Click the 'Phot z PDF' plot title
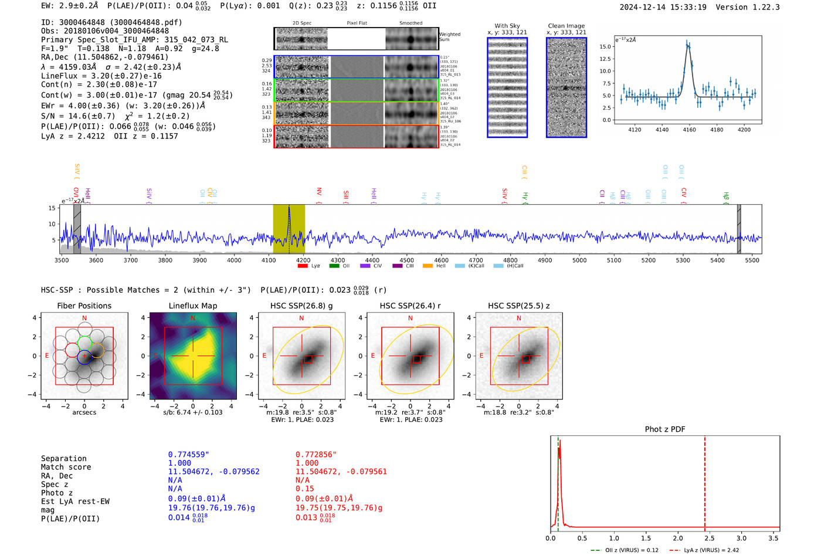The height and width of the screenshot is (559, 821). click(x=665, y=429)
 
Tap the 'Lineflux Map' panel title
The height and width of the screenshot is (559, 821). click(x=192, y=306)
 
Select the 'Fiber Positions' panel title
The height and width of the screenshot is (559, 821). click(x=84, y=306)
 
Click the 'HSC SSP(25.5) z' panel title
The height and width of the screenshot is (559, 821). click(x=518, y=306)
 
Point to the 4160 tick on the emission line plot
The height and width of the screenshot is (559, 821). click(x=689, y=130)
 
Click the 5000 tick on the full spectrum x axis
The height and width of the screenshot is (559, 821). click(x=579, y=260)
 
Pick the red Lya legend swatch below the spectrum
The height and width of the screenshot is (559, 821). click(x=303, y=266)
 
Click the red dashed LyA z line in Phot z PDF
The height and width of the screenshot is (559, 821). click(x=705, y=481)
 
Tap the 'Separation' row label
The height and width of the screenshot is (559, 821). click(x=63, y=458)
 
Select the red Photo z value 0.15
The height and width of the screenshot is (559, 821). click(x=304, y=489)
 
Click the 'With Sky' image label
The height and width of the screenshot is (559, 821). click(x=507, y=26)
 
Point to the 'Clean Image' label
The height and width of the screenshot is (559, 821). click(x=566, y=26)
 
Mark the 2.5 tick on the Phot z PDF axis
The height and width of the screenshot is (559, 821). click(x=710, y=538)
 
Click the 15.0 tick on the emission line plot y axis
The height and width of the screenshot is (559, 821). click(x=605, y=46)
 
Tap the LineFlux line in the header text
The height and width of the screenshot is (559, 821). click(x=101, y=76)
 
